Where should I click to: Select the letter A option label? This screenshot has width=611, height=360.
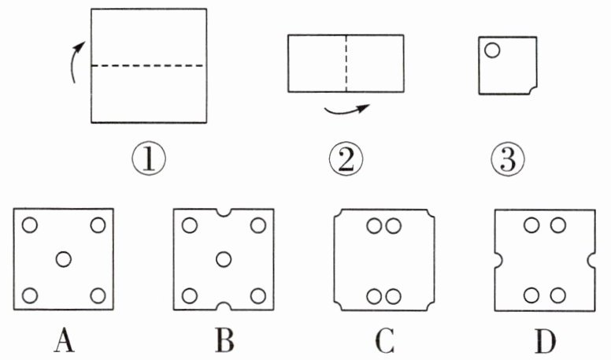tap(65, 341)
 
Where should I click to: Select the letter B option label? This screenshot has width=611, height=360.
tap(224, 341)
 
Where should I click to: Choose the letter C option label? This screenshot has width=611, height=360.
tap(385, 341)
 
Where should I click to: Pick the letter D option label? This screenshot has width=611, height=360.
tap(545, 341)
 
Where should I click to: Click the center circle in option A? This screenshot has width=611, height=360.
tap(65, 258)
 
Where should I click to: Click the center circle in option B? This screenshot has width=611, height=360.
tap(224, 258)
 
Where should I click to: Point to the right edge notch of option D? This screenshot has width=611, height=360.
tap(591, 259)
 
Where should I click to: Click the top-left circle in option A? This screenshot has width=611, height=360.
tap(30, 225)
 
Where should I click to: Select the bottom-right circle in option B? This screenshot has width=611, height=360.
tap(258, 296)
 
